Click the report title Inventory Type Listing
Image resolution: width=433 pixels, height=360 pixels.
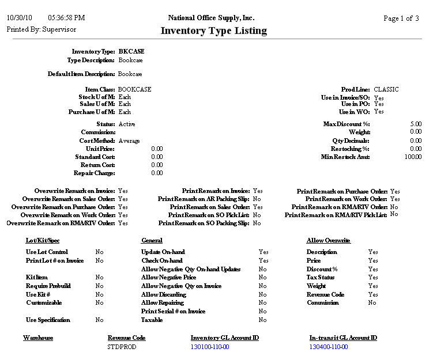[213, 31]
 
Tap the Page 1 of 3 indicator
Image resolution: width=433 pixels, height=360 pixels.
[401, 18]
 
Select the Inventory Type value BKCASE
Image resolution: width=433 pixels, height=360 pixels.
[131, 51]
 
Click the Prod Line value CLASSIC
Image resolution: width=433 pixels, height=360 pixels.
[386, 89]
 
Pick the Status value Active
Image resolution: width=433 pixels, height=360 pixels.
[127, 124]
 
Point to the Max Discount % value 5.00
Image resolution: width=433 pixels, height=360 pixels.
[416, 124]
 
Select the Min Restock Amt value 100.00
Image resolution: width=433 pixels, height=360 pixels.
[413, 157]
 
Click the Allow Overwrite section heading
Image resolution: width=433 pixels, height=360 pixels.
[328, 240]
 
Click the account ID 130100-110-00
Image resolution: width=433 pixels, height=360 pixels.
[210, 347]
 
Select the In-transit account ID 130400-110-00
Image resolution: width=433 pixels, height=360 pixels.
[329, 347]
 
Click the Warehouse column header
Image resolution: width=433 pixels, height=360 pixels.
[38, 338]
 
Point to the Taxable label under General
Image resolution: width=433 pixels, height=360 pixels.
[152, 320]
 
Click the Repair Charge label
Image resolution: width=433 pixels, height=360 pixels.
[94, 173]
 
